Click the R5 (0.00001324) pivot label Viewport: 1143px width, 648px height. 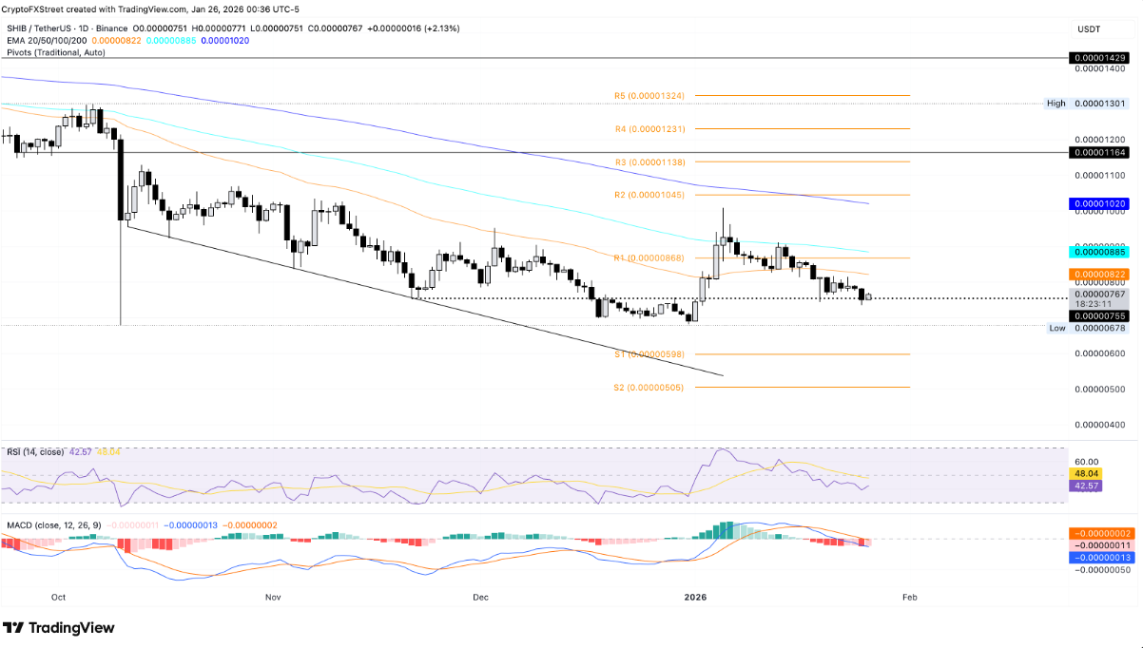[656, 95]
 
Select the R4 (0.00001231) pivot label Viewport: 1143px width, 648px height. [656, 128]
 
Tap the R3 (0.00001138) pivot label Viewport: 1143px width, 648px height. [656, 162]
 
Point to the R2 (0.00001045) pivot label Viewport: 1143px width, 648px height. [656, 196]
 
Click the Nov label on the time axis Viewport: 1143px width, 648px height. [273, 597]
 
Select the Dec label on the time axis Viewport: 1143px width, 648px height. [480, 597]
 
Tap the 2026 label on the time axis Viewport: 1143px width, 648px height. [695, 597]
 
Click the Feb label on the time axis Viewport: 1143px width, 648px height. [909, 597]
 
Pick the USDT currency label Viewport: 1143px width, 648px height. [1089, 29]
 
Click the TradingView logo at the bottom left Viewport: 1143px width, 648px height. [59, 628]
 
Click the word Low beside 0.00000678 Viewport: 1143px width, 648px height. [1056, 328]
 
